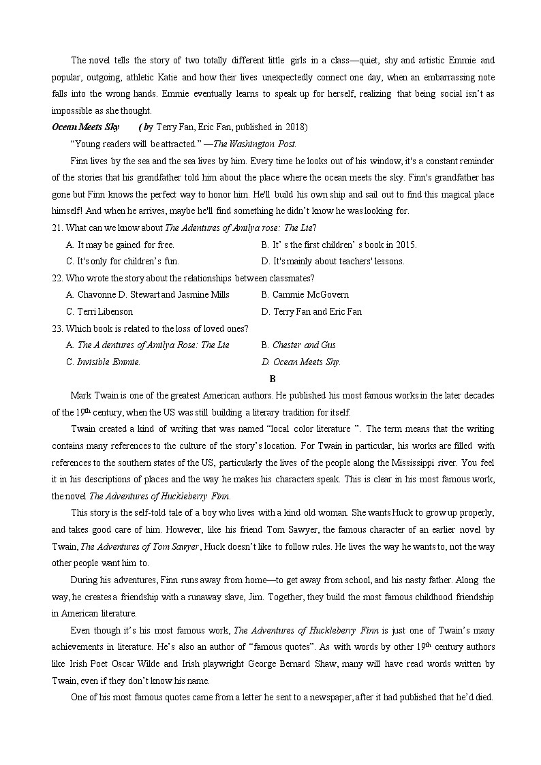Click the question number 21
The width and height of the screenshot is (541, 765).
[x=57, y=228]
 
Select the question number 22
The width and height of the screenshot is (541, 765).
[x=57, y=278]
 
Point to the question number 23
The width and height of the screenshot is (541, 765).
[x=57, y=328]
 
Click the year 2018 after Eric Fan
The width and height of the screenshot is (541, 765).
[x=295, y=127]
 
